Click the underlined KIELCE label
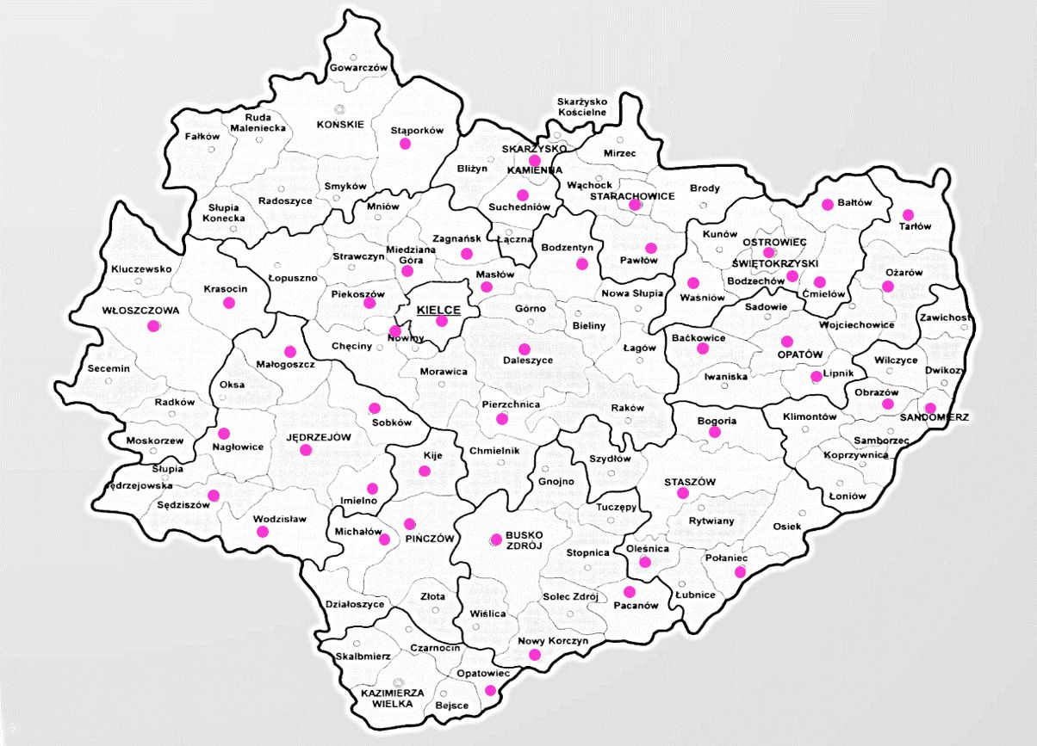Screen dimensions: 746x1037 438,311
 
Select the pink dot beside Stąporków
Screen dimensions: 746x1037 405,144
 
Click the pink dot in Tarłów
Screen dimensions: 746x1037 908,214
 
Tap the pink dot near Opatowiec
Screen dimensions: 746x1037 490,690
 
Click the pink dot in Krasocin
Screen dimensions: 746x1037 229,303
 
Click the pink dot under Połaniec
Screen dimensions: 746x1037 740,572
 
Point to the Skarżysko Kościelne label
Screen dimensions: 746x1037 582,107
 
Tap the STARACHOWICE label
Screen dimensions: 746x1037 631,196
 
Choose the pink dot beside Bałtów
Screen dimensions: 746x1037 828,204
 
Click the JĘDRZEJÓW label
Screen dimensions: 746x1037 320,438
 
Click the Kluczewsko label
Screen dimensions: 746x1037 141,269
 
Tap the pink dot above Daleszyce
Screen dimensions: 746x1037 524,348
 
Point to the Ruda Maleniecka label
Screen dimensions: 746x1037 258,123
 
